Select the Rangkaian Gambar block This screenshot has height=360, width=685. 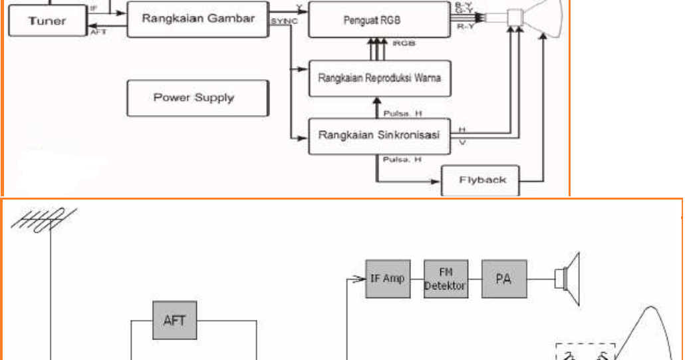pos(198,19)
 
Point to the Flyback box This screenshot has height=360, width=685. pos(482,180)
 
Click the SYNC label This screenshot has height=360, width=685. pos(283,23)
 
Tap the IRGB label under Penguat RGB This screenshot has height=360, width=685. pos(402,43)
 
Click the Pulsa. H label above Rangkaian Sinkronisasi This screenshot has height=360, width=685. pos(402,113)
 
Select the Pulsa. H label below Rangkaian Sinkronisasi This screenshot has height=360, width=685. pos(402,160)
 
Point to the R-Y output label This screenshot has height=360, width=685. pos(466,27)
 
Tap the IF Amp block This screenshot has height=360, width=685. pos(387,279)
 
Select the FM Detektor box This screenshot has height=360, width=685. pos(445,279)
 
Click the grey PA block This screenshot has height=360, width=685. pos(504,279)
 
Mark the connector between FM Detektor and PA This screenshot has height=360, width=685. pos(474,279)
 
